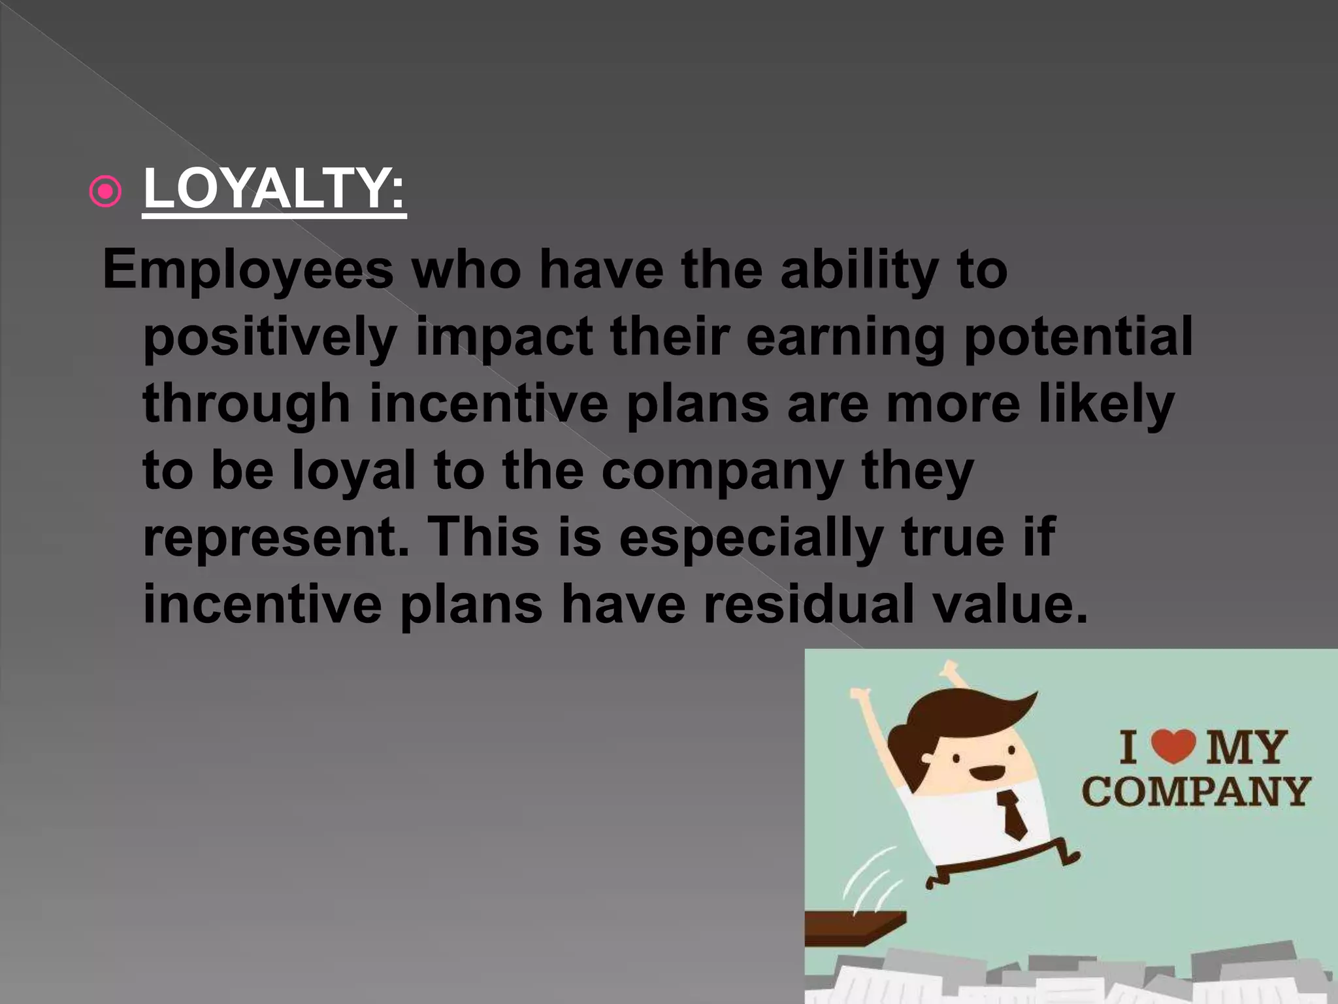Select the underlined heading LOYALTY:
(x=274, y=190)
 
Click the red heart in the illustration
(x=1173, y=747)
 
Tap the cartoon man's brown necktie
(x=1012, y=814)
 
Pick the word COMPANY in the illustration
(x=1196, y=792)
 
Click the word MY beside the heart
(x=1246, y=747)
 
